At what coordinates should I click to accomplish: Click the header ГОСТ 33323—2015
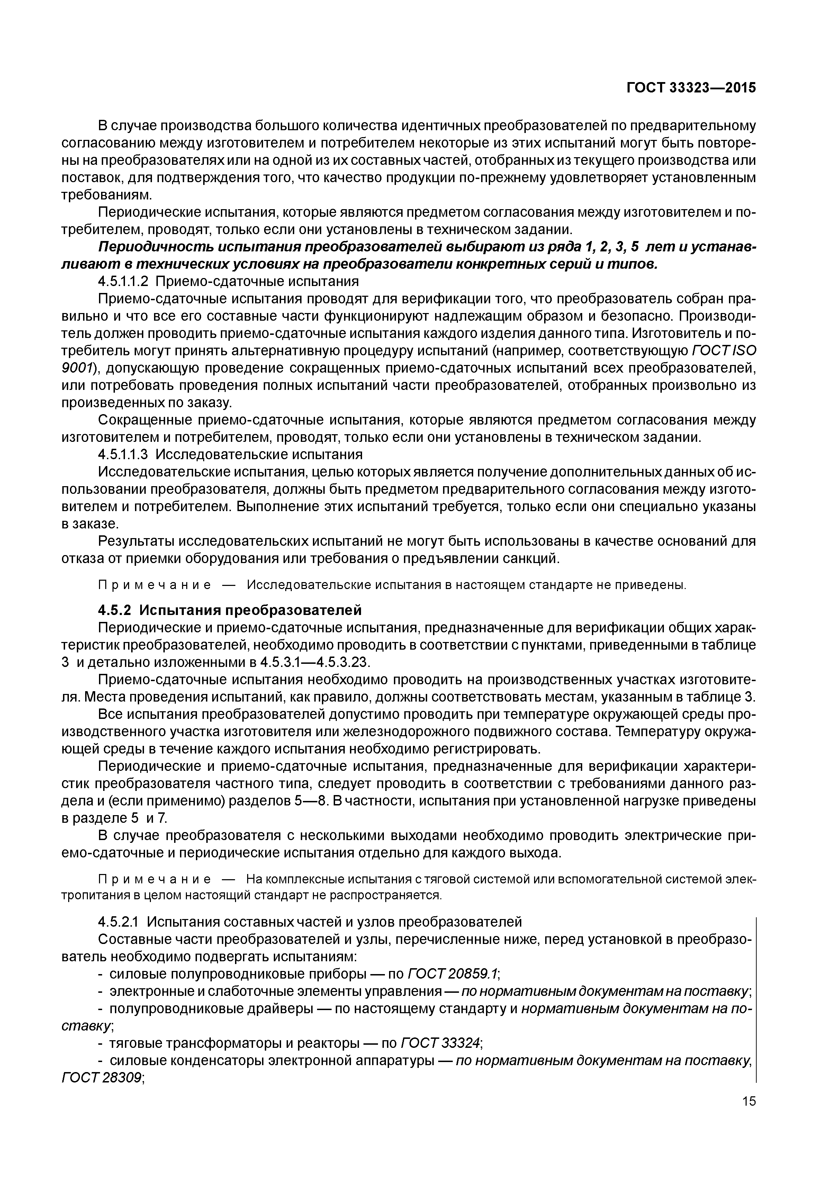click(x=691, y=88)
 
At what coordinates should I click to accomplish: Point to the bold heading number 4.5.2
click(x=115, y=610)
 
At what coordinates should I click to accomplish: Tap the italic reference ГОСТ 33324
click(x=440, y=1043)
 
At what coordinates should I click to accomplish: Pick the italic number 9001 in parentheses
click(x=78, y=368)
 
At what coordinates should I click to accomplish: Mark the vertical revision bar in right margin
click(x=755, y=997)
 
